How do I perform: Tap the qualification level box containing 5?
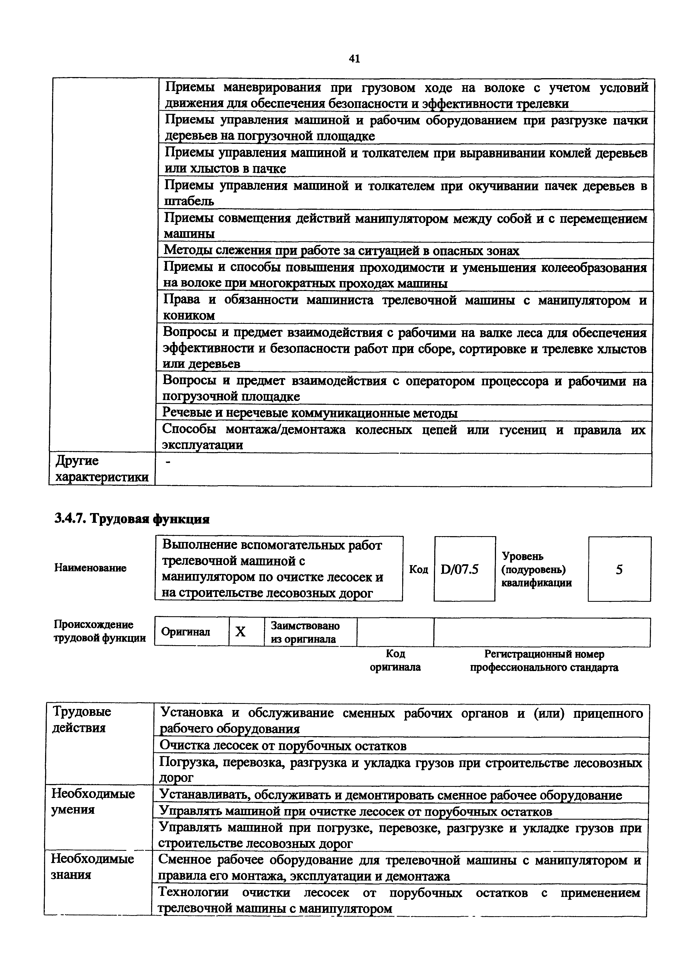[619, 569]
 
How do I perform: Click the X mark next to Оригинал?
[241, 632]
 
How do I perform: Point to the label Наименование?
[90, 568]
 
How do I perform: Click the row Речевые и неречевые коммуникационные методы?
[310, 413]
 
